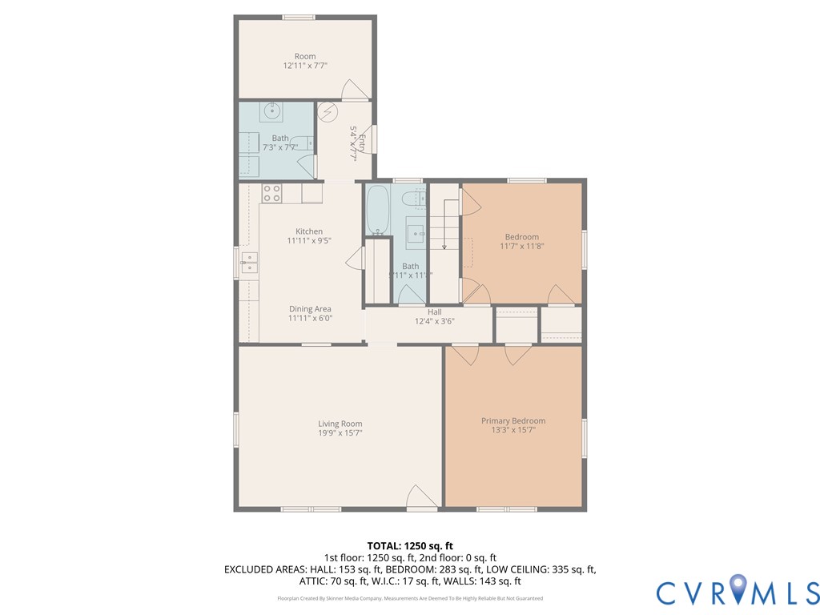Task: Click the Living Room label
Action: [340, 424]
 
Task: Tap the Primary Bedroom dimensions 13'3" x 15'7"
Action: [513, 430]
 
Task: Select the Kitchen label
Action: [308, 231]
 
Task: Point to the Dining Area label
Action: [310, 309]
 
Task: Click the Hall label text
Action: [434, 312]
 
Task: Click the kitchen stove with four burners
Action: [271, 193]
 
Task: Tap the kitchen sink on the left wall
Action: [250, 262]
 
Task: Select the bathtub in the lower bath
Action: [377, 210]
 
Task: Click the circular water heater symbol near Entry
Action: [328, 111]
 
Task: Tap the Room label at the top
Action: [305, 56]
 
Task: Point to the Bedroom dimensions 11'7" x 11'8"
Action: [521, 246]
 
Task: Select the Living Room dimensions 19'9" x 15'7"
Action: [340, 432]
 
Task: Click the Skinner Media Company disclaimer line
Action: [410, 598]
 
